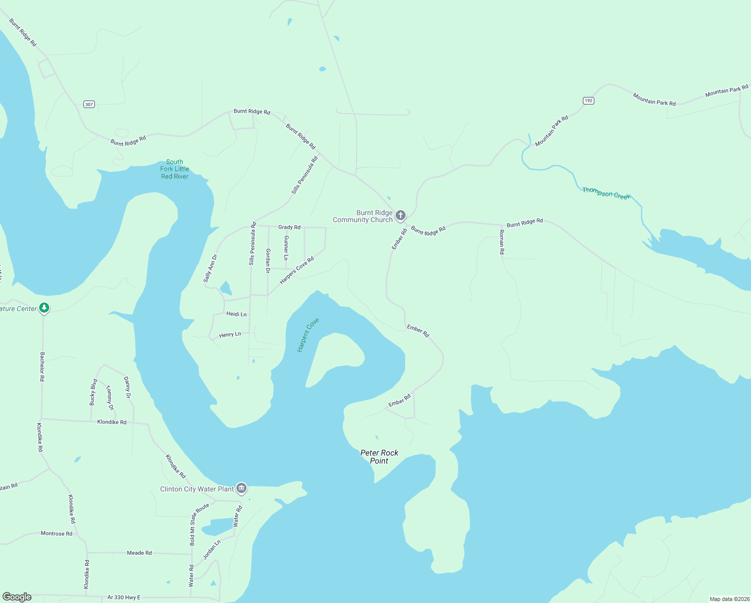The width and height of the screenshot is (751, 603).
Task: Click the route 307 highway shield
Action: point(89,105)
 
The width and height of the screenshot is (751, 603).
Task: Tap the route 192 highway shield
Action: point(588,100)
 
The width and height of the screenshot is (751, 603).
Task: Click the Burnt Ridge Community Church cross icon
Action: point(400,216)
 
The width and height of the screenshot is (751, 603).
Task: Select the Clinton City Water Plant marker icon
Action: point(241,488)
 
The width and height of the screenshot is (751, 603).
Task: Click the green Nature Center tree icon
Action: point(44,308)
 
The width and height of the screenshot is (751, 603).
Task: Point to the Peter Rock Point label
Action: point(379,457)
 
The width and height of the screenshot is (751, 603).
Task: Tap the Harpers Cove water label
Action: point(308,335)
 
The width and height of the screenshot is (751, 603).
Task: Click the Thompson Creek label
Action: point(605,193)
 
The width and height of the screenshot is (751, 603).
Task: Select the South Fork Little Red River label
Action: point(175,169)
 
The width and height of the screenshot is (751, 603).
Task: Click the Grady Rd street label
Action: point(289,227)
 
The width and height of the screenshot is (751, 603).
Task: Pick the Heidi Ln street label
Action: point(236,314)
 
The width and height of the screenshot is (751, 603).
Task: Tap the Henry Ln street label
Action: point(230,335)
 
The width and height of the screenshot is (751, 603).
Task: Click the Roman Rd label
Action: point(502,242)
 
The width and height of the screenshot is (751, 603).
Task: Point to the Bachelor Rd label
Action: point(42,367)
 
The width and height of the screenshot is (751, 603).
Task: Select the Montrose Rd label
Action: point(56,534)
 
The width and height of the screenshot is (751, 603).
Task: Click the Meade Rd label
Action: point(139,553)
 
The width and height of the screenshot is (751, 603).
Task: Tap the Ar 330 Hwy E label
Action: point(124,597)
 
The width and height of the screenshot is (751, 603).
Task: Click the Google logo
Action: point(17,597)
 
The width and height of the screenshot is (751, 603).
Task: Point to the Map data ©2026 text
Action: point(728,599)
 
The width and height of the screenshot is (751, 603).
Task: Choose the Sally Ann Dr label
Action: point(210,268)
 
